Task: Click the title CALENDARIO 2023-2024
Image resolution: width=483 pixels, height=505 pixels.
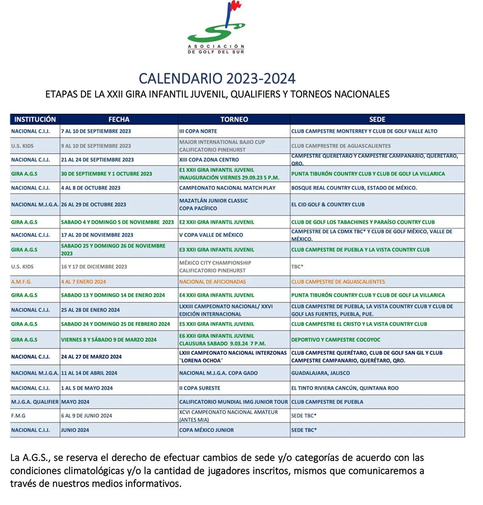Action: pyautogui.click(x=217, y=78)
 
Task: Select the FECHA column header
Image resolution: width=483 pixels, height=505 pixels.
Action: pyautogui.click(x=119, y=119)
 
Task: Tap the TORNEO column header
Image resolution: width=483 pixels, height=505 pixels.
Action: pyautogui.click(x=234, y=119)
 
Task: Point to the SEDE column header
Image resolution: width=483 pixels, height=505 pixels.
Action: pyautogui.click(x=377, y=119)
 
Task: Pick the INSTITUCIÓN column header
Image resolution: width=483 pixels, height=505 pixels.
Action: pyautogui.click(x=35, y=119)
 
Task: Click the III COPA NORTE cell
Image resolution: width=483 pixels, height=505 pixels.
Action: pyautogui.click(x=198, y=131)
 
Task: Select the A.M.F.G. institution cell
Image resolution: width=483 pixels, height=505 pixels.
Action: pyautogui.click(x=21, y=282)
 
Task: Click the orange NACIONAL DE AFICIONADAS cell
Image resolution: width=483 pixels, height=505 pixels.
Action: pyautogui.click(x=213, y=282)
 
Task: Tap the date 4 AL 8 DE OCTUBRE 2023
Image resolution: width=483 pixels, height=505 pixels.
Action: pyautogui.click(x=91, y=188)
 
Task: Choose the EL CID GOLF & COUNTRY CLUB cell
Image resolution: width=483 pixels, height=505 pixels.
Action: pyautogui.click(x=328, y=205)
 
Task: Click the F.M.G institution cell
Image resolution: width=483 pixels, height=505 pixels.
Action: pyautogui.click(x=18, y=416)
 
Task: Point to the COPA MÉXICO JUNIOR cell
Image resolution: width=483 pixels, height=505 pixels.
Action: pyautogui.click(x=206, y=430)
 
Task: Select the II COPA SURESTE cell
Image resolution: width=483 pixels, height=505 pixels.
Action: pyautogui.click(x=200, y=388)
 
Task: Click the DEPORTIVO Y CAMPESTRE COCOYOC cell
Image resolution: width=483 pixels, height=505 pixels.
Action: pyautogui.click(x=336, y=340)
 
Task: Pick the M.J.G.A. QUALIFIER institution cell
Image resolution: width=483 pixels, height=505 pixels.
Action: pyautogui.click(x=35, y=402)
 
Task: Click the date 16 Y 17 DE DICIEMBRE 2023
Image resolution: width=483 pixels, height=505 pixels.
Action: pyautogui.click(x=94, y=267)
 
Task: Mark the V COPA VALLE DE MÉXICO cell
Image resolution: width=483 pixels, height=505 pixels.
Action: pyautogui.click(x=211, y=235)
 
